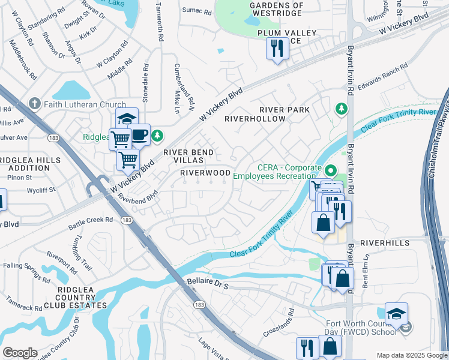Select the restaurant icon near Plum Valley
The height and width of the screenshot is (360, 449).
click(x=277, y=49)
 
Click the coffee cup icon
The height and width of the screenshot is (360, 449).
click(x=139, y=135)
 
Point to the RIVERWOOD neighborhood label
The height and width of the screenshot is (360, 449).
click(x=206, y=173)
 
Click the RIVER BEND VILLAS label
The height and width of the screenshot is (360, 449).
click(x=188, y=157)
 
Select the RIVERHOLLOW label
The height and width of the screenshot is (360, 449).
click(x=255, y=119)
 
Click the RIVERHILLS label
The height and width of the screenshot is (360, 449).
click(x=385, y=243)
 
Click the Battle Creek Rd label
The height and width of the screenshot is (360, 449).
click(x=91, y=221)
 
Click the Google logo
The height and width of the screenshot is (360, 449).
click(x=20, y=353)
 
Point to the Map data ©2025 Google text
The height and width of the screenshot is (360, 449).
click(x=412, y=355)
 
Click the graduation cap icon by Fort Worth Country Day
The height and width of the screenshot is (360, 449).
click(x=396, y=313)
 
